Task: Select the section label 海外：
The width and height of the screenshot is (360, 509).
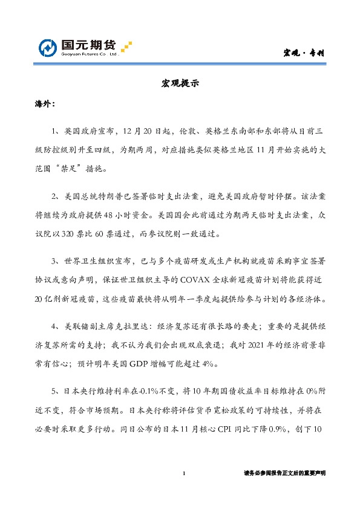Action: point(45,105)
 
